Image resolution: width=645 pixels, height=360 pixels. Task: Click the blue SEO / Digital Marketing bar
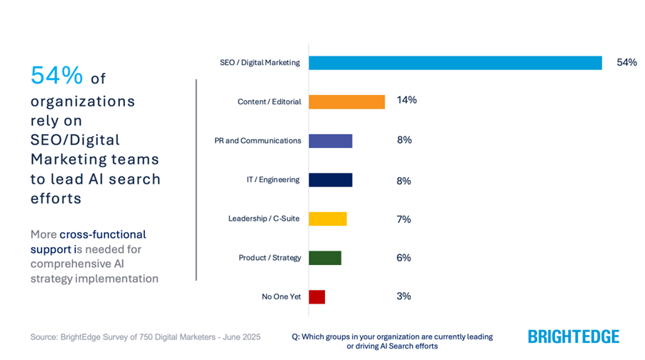[x=455, y=63]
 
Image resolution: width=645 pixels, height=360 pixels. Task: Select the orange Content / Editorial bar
[x=346, y=101]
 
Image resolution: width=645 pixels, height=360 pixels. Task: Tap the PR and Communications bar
[x=330, y=141]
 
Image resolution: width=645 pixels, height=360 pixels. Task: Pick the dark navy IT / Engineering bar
[x=330, y=180]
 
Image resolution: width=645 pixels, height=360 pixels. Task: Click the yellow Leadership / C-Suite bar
[x=327, y=219]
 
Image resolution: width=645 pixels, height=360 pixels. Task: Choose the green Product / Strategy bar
[x=325, y=258]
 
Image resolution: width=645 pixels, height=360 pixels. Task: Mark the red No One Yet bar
[x=316, y=296]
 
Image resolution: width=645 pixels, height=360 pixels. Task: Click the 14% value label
[x=406, y=100]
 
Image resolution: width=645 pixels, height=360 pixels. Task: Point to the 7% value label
[x=404, y=219]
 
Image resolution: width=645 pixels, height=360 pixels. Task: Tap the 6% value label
[x=404, y=258]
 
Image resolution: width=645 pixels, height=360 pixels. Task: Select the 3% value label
[x=404, y=296]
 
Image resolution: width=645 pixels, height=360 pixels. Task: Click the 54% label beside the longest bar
[x=626, y=62]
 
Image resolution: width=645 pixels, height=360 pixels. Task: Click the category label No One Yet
[x=281, y=296]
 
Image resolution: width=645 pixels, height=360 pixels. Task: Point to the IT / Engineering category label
[x=273, y=179]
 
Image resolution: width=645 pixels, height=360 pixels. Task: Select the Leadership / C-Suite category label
[x=264, y=219]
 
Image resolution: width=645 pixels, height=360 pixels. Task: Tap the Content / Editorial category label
[x=269, y=101]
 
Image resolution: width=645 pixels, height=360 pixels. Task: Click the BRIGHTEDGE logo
[x=573, y=336]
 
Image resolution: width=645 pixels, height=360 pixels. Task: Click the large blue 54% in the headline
[x=56, y=76]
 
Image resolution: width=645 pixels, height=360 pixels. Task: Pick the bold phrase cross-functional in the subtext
[x=102, y=234]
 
